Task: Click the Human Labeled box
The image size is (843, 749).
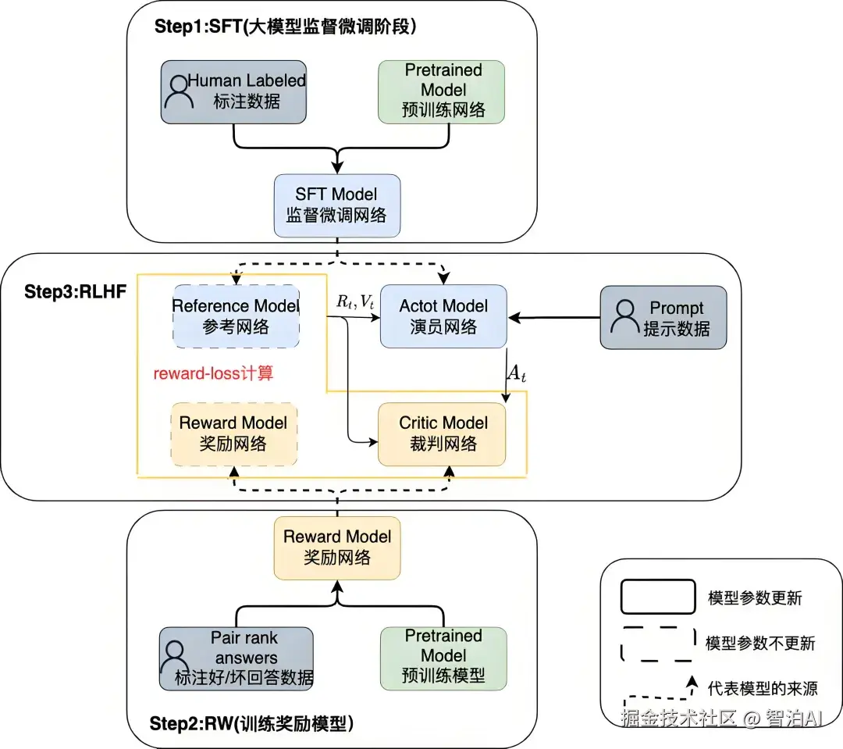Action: click(x=233, y=92)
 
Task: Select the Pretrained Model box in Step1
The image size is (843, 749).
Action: click(x=441, y=92)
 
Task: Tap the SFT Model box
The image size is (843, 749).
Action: click(x=337, y=205)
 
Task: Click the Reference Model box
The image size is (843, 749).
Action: click(x=236, y=316)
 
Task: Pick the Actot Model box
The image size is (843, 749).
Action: click(x=443, y=316)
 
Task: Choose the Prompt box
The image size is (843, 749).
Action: click(x=663, y=317)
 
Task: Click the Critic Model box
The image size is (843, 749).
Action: click(x=442, y=434)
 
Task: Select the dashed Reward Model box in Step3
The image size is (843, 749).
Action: click(x=234, y=434)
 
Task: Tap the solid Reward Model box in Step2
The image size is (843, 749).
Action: click(x=337, y=548)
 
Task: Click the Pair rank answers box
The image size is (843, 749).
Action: click(x=237, y=658)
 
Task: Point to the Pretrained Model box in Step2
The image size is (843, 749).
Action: click(x=443, y=658)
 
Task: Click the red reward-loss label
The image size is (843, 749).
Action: click(x=213, y=373)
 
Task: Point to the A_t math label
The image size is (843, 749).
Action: click(x=517, y=373)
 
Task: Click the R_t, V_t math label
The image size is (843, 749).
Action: click(x=355, y=301)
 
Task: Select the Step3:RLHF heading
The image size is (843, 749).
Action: click(x=75, y=291)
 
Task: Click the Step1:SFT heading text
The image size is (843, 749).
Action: click(x=286, y=27)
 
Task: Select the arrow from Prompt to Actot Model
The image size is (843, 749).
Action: click(x=553, y=317)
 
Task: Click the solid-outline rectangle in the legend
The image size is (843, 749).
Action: click(x=658, y=597)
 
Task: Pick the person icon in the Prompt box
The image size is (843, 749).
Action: click(x=625, y=317)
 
